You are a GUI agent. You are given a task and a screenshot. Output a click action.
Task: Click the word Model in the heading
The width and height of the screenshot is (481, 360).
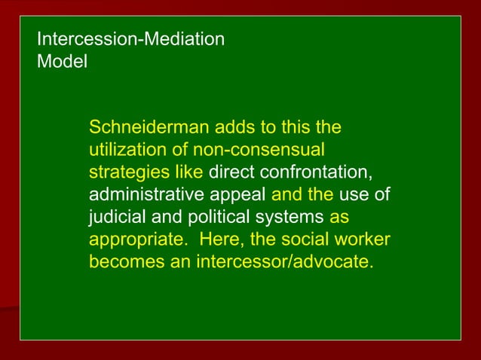62,62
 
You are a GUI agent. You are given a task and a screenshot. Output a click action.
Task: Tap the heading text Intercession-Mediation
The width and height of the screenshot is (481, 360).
130,39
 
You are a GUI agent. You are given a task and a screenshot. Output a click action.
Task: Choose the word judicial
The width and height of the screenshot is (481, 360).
118,218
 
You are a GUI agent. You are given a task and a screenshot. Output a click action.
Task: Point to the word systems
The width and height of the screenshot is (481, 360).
287,218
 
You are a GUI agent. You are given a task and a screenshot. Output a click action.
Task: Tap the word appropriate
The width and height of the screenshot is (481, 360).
131,241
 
